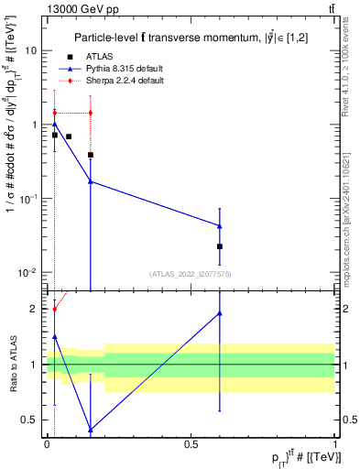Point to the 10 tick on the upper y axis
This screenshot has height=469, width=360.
(30, 51)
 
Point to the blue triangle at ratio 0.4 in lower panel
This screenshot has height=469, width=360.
(90, 429)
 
